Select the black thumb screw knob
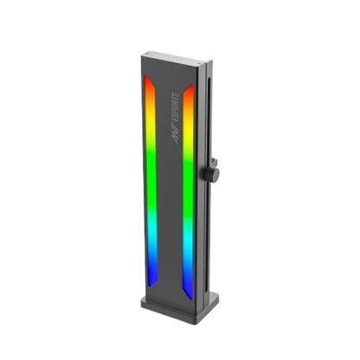pyautogui.click(x=213, y=174)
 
